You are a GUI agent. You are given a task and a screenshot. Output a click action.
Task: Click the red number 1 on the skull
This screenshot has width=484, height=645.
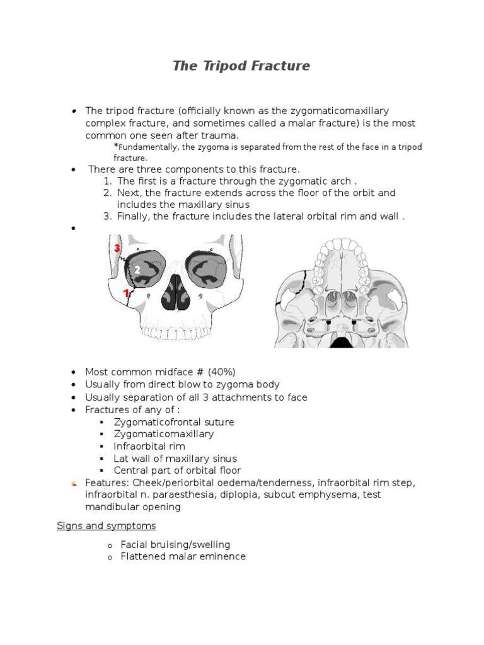point(126,293)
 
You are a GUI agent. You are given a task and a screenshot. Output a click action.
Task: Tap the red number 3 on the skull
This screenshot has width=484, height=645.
point(117,248)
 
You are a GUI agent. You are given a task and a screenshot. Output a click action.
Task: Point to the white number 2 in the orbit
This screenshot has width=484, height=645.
point(137,270)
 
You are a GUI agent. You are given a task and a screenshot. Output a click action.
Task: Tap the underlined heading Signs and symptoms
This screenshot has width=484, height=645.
point(106,525)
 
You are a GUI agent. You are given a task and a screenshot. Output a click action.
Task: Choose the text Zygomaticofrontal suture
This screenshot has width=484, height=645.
point(174,422)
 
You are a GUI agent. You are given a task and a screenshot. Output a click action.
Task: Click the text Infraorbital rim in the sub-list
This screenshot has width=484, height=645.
point(150,446)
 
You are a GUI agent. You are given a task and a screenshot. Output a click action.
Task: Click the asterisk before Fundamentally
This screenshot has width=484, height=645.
point(116,146)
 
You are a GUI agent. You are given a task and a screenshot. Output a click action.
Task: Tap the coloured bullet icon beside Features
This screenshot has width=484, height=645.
point(74,483)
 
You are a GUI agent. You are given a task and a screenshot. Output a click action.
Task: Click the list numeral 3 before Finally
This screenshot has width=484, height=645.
point(108,217)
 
